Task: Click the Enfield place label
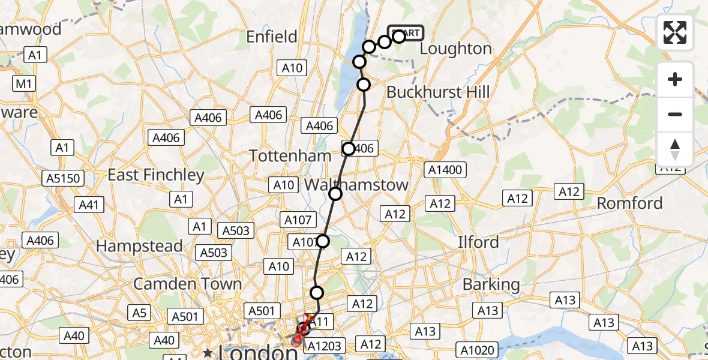pyautogui.click(x=272, y=37)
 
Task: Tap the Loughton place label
pyautogui.click(x=455, y=49)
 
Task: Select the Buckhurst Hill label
pyautogui.click(x=438, y=92)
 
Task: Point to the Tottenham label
pyautogui.click(x=290, y=155)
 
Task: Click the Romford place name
pyautogui.click(x=629, y=203)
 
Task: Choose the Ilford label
pyautogui.click(x=478, y=242)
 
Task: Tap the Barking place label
pyautogui.click(x=491, y=284)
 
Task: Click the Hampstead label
pyautogui.click(x=139, y=246)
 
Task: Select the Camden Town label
pyautogui.click(x=187, y=283)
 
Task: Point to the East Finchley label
pyautogui.click(x=155, y=175)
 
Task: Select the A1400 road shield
pyautogui.click(x=445, y=170)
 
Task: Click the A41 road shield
pyautogui.click(x=88, y=205)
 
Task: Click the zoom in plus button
pyautogui.click(x=675, y=80)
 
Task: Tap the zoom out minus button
pyautogui.click(x=675, y=114)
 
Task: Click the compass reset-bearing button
pyautogui.click(x=675, y=149)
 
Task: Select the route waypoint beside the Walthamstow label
pyautogui.click(x=335, y=193)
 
